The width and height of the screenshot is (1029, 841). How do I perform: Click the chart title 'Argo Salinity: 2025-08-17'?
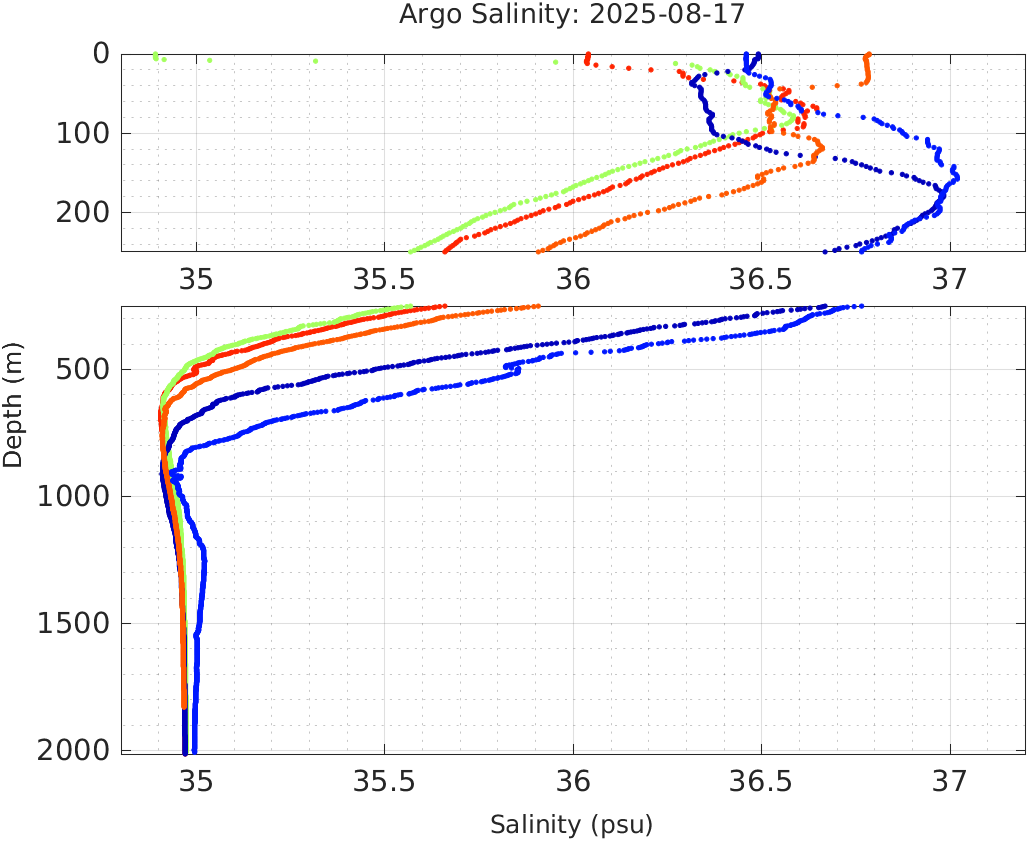pyautogui.click(x=571, y=15)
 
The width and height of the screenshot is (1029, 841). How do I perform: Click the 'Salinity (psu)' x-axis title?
pyautogui.click(x=571, y=825)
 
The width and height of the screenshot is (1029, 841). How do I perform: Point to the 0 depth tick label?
pyautogui.click(x=101, y=54)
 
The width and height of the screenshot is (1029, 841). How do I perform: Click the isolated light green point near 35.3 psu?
pyautogui.click(x=315, y=60)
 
